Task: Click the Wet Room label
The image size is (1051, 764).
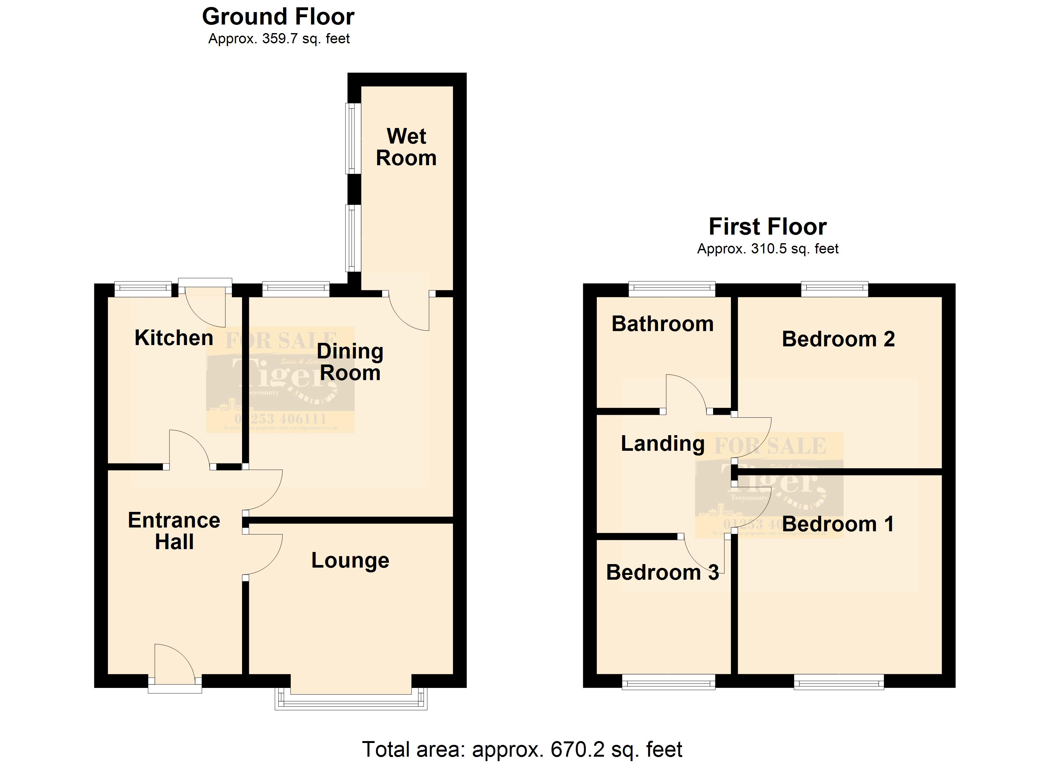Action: [x=406, y=147]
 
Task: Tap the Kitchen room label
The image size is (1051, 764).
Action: [x=174, y=338]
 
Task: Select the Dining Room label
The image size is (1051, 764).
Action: [x=350, y=362]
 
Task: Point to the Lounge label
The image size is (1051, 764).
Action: [x=350, y=561]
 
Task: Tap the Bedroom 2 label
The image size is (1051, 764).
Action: [x=838, y=339]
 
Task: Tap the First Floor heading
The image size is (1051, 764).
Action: [x=768, y=227]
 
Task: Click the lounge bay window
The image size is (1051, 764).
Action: [x=351, y=702]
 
